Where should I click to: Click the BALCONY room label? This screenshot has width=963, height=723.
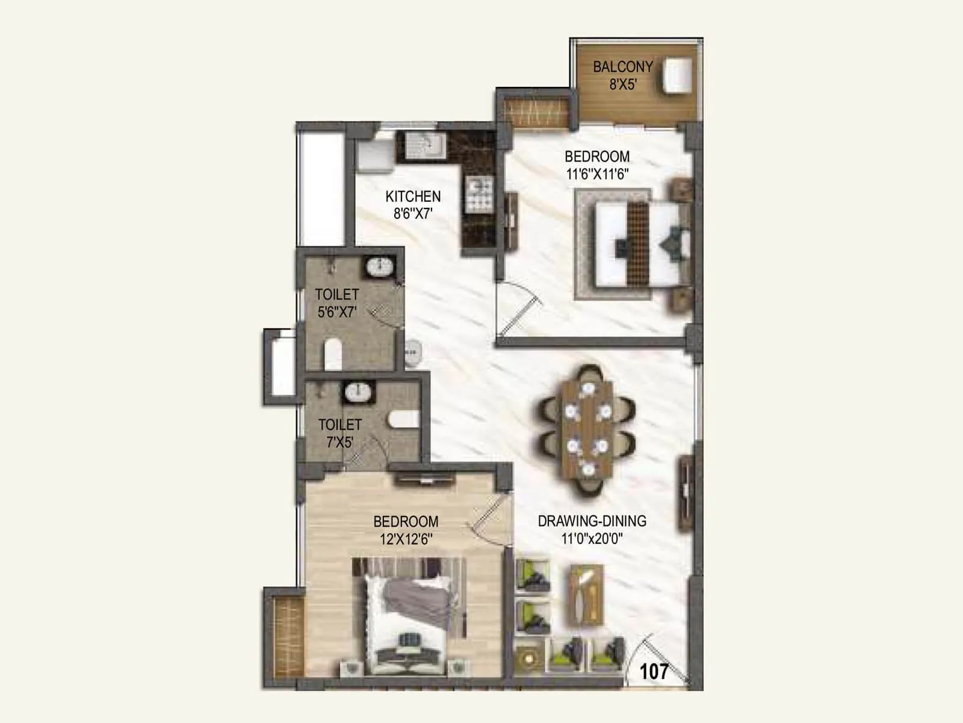(622, 67)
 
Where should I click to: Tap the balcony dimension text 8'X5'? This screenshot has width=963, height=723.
(622, 84)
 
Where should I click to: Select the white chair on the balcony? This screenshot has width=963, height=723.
(677, 75)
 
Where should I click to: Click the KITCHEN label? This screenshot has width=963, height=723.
(413, 196)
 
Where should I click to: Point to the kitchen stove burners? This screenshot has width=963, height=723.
(480, 195)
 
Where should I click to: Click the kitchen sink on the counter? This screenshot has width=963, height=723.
(425, 145)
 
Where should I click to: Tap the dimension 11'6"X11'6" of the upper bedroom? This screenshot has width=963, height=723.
(597, 174)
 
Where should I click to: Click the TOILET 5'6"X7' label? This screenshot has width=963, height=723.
(337, 303)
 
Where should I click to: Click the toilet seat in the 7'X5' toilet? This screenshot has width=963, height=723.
(403, 419)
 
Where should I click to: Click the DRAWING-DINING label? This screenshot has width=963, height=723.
(592, 521)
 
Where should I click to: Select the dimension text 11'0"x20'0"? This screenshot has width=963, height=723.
(592, 539)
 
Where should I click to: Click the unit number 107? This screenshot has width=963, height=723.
(654, 671)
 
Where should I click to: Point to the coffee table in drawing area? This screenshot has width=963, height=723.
(586, 595)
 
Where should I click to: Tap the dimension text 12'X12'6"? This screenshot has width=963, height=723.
(406, 539)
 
